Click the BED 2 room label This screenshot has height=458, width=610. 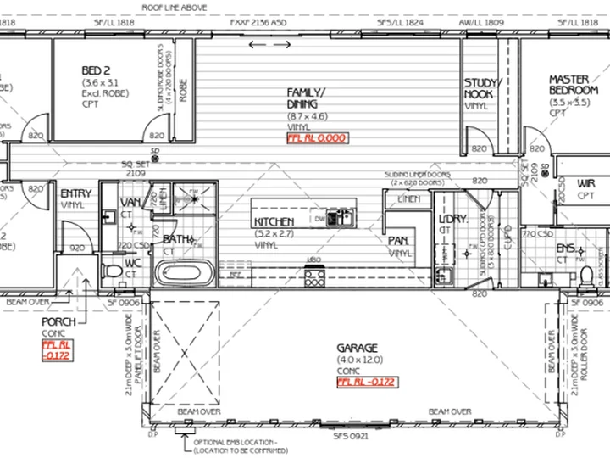point(96,70)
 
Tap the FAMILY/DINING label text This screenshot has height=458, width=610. point(307,98)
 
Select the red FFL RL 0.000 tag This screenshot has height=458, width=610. point(317,137)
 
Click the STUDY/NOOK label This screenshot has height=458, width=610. point(483,88)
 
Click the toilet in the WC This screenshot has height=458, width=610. point(111,272)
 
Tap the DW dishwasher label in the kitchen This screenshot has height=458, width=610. point(319,218)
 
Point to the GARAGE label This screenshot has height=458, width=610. point(358,349)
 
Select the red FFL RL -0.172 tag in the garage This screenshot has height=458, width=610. point(366,382)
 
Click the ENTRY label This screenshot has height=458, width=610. point(76,194)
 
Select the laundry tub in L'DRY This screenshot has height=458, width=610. point(442,275)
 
